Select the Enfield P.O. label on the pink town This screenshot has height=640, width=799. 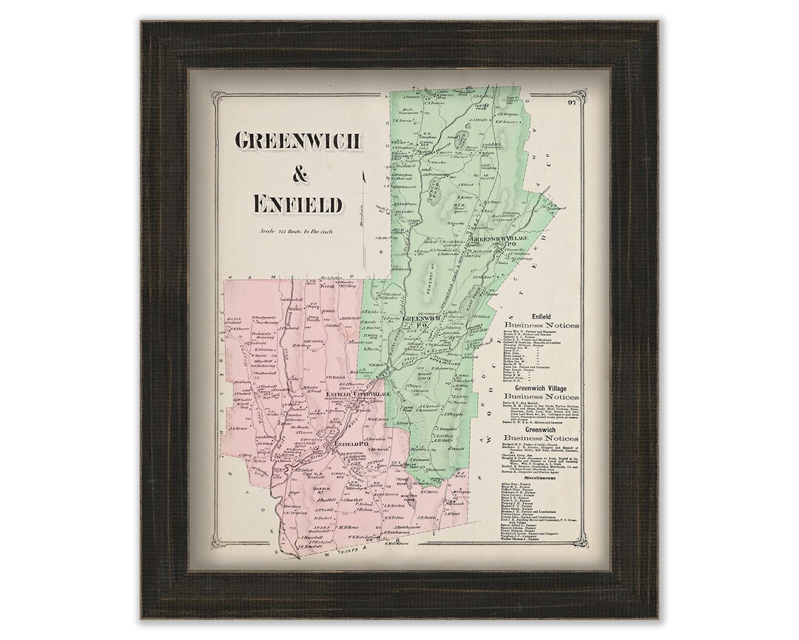(x=346, y=444)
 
